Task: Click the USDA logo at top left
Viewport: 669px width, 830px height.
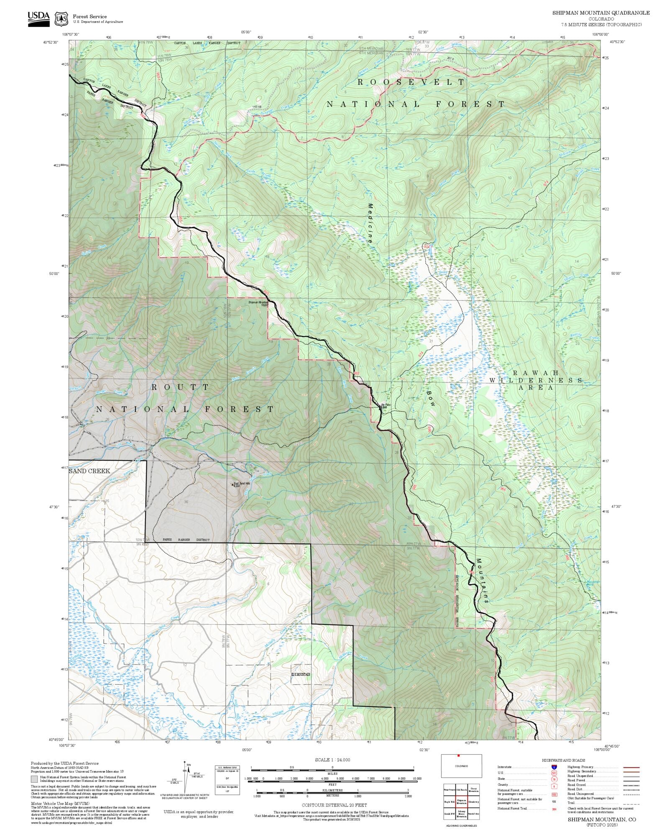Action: tap(38, 19)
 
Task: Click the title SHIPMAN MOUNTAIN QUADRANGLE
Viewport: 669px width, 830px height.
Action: tap(601, 13)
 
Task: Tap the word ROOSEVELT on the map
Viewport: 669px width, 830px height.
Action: tap(411, 82)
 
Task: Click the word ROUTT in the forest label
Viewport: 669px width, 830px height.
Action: tap(180, 387)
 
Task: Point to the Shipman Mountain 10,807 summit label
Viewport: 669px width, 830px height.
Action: tap(258, 303)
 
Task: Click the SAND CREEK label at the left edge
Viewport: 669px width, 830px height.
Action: tap(89, 471)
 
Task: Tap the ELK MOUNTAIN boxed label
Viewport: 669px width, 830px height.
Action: tap(301, 675)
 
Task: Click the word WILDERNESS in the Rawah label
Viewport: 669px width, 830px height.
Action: tap(536, 380)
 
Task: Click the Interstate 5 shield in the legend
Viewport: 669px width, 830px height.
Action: tap(554, 767)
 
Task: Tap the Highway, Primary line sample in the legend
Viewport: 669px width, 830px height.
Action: tap(631, 767)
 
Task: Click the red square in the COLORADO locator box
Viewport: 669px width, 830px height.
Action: tap(459, 756)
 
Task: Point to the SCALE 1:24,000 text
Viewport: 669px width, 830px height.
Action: tap(332, 760)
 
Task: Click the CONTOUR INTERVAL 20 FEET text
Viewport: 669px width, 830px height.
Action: tap(334, 805)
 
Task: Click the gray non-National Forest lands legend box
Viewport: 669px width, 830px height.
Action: tap(34, 779)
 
